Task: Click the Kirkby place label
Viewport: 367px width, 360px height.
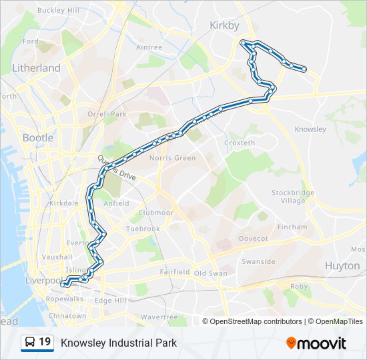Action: pyautogui.click(x=224, y=25)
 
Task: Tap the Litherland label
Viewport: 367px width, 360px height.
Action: pyautogui.click(x=36, y=68)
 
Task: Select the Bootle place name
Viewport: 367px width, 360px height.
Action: pyautogui.click(x=38, y=138)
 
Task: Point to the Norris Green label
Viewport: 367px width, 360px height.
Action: pyautogui.click(x=173, y=158)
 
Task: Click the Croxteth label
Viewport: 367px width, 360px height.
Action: pyautogui.click(x=240, y=143)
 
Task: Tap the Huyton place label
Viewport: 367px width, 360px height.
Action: pyautogui.click(x=342, y=265)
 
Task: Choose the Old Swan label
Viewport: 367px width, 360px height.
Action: pyautogui.click(x=210, y=273)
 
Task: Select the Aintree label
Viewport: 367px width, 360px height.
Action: pyautogui.click(x=149, y=47)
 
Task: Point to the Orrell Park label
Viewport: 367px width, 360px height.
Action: pyautogui.click(x=107, y=114)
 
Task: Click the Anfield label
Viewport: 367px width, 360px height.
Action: pyautogui.click(x=116, y=204)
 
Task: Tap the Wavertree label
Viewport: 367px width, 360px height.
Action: pyautogui.click(x=159, y=317)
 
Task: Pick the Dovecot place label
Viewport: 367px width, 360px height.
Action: pyautogui.click(x=254, y=238)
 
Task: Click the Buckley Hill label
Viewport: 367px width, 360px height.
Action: pyautogui.click(x=58, y=11)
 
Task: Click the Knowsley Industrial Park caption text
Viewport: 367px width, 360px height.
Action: pyautogui.click(x=119, y=343)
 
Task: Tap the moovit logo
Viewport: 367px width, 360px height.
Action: pyautogui.click(x=316, y=343)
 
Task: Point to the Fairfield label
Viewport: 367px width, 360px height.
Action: pyautogui.click(x=175, y=272)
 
